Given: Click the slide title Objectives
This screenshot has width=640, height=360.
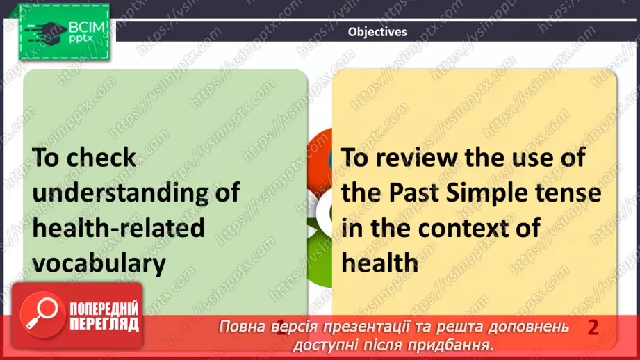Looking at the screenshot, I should (x=377, y=31).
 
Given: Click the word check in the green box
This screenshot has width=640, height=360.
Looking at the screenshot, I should (x=101, y=157).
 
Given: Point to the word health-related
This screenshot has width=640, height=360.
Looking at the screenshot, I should (x=119, y=227).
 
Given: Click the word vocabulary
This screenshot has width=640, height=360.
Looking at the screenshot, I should (x=100, y=262).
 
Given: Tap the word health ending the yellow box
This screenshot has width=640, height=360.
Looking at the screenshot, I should (x=380, y=262).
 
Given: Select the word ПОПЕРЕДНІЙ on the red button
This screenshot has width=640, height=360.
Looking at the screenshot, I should (x=104, y=309).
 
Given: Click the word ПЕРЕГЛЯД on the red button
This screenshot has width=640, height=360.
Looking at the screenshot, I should (x=104, y=324).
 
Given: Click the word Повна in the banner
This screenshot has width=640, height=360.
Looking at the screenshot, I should (x=242, y=327).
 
